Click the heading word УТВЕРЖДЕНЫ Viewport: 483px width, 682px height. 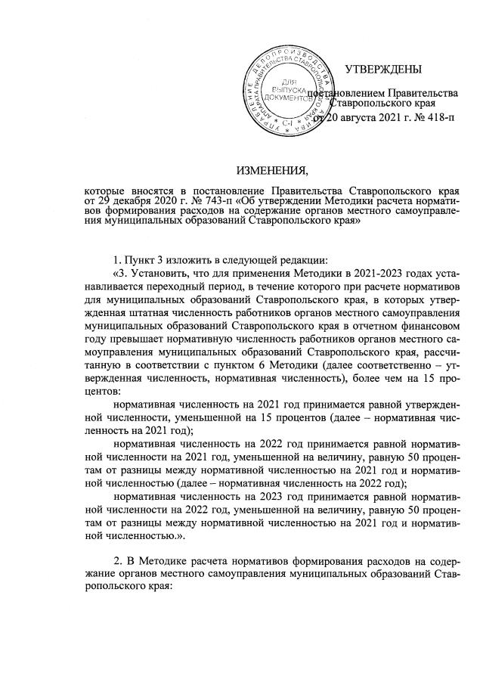pos(383,70)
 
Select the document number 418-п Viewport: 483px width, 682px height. pos(438,119)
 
